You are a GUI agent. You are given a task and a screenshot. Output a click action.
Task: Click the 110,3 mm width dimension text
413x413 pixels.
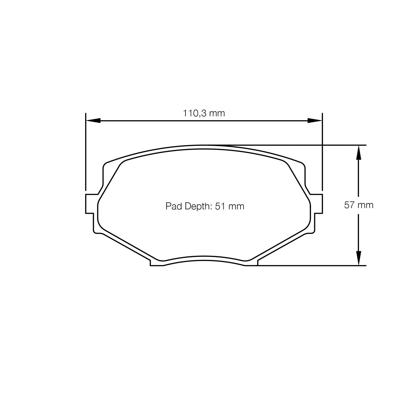pyautogui.click(x=204, y=113)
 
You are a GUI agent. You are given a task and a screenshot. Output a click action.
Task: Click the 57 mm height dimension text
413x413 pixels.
pyautogui.click(x=359, y=205)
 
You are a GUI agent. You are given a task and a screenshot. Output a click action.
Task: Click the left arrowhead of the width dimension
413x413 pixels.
pyautogui.click(x=93, y=120)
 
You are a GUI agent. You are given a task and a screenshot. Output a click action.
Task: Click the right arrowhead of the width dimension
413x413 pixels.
pyautogui.click(x=315, y=120)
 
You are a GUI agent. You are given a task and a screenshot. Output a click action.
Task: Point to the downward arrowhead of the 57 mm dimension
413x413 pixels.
pyautogui.click(x=358, y=258)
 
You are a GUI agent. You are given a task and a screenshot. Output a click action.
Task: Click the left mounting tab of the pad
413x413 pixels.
pyautogui.click(x=90, y=203)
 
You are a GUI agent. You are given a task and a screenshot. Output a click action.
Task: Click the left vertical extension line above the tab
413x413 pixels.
pyautogui.click(x=86, y=152)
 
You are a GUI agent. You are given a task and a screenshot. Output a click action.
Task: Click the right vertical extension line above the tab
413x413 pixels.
pyautogui.click(x=322, y=152)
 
